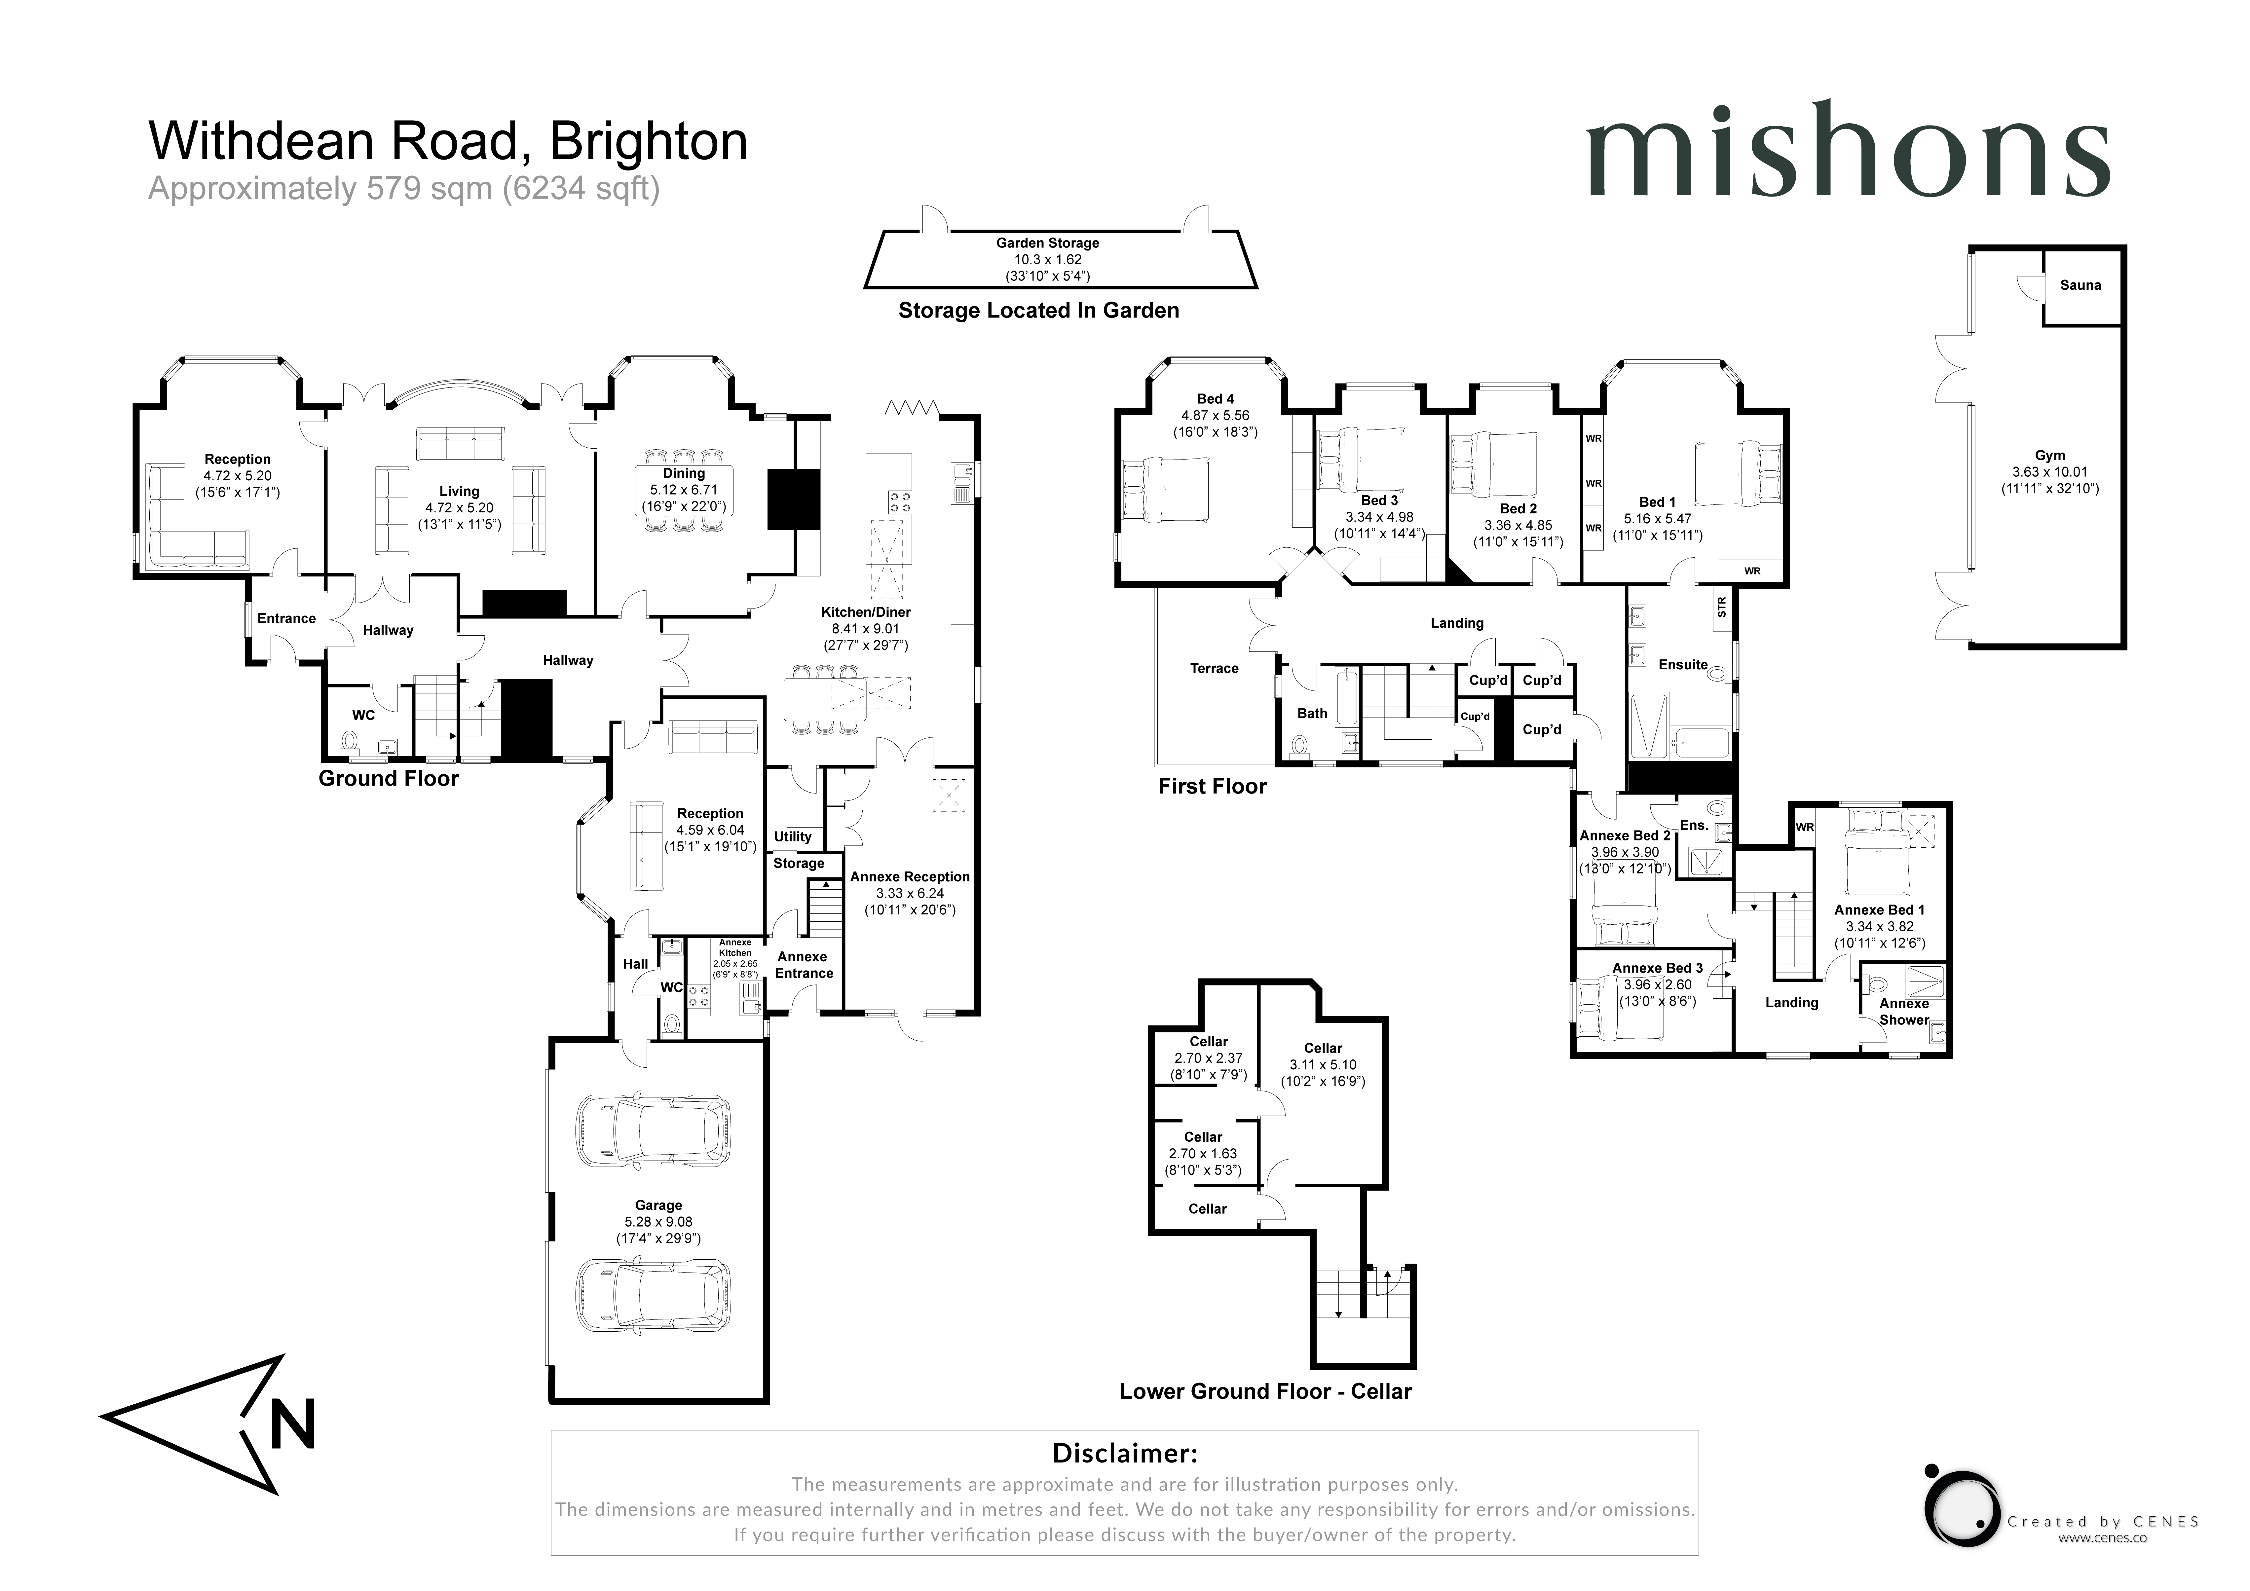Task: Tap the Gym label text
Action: point(2050,456)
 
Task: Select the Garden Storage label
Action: point(1048,243)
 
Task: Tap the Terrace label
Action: point(1214,668)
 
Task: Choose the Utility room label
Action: point(793,837)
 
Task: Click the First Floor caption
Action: point(1212,787)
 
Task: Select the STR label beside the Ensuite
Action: point(1722,608)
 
